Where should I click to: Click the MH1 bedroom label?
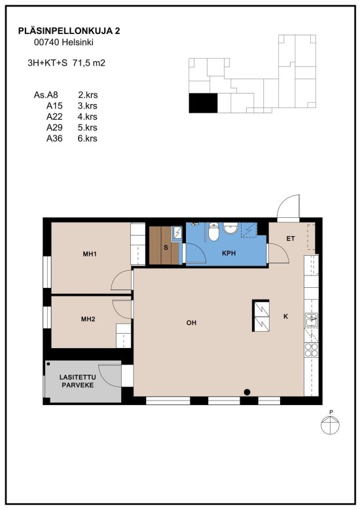(90, 254)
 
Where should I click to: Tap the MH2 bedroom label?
(88, 319)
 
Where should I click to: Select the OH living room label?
(191, 323)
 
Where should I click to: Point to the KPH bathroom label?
(228, 253)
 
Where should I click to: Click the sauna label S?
(166, 248)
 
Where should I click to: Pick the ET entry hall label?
(291, 239)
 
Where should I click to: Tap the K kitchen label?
(285, 316)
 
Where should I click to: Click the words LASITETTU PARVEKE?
(78, 381)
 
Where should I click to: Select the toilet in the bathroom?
(213, 232)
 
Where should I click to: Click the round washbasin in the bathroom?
(230, 228)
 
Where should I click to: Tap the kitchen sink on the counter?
(312, 320)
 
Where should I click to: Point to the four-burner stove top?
(312, 350)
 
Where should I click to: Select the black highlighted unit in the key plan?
(203, 103)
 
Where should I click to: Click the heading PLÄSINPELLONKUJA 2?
(69, 31)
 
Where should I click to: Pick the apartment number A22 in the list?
(54, 116)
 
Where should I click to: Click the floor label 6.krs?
(88, 138)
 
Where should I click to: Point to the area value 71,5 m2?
(89, 63)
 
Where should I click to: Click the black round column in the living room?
(247, 392)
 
